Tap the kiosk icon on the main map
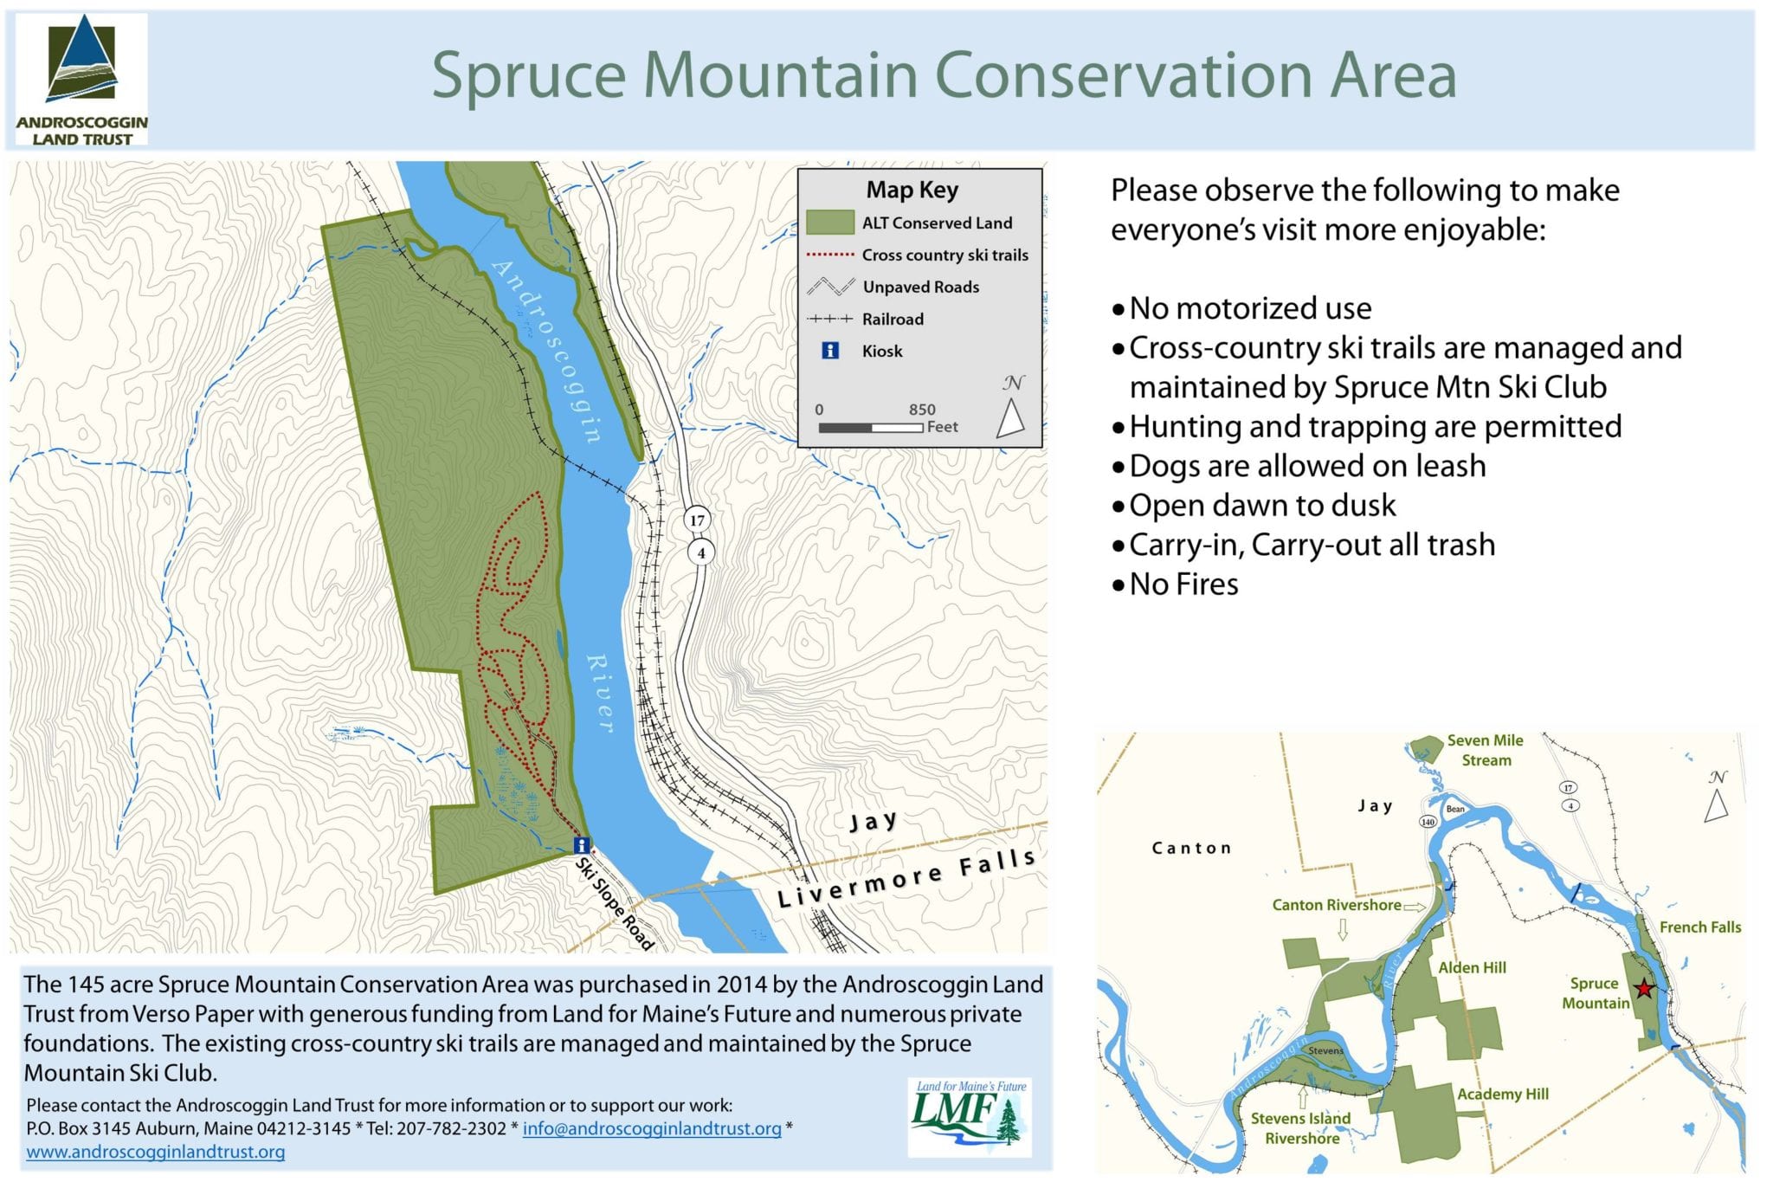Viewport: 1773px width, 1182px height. point(583,845)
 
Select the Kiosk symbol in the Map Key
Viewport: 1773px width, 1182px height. point(830,351)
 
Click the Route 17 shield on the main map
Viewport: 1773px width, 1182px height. point(697,520)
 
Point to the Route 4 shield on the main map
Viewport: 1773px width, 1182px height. point(701,552)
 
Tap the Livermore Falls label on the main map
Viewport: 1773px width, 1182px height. point(906,877)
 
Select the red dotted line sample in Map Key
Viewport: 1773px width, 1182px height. point(830,255)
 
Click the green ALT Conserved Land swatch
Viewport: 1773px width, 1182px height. point(829,223)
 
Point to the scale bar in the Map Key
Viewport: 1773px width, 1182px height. point(871,428)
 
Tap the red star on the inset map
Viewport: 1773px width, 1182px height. point(1643,989)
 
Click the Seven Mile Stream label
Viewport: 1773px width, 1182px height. point(1486,750)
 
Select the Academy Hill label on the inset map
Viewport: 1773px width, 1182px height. point(1503,1094)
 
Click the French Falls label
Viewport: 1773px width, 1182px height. point(1700,927)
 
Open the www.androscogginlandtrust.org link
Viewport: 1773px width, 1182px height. point(156,1152)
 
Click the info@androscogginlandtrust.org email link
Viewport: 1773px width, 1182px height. point(652,1128)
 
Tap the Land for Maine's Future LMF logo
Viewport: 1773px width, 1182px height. point(970,1116)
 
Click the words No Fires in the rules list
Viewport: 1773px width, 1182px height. point(1183,585)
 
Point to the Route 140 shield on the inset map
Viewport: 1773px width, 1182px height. point(1428,821)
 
